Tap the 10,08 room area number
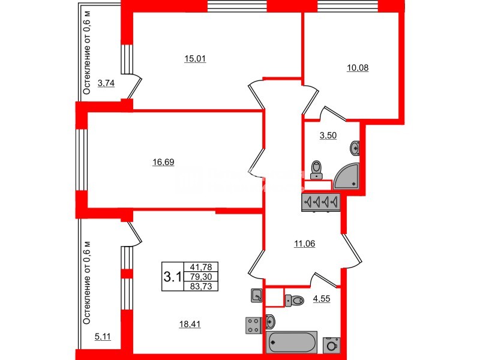coord(358,68)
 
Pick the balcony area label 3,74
coord(106,83)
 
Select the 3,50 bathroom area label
coord(328,136)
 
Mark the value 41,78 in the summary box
coord(203,267)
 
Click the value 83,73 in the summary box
coord(203,286)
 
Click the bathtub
coord(294,342)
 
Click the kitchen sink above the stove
coord(256,295)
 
